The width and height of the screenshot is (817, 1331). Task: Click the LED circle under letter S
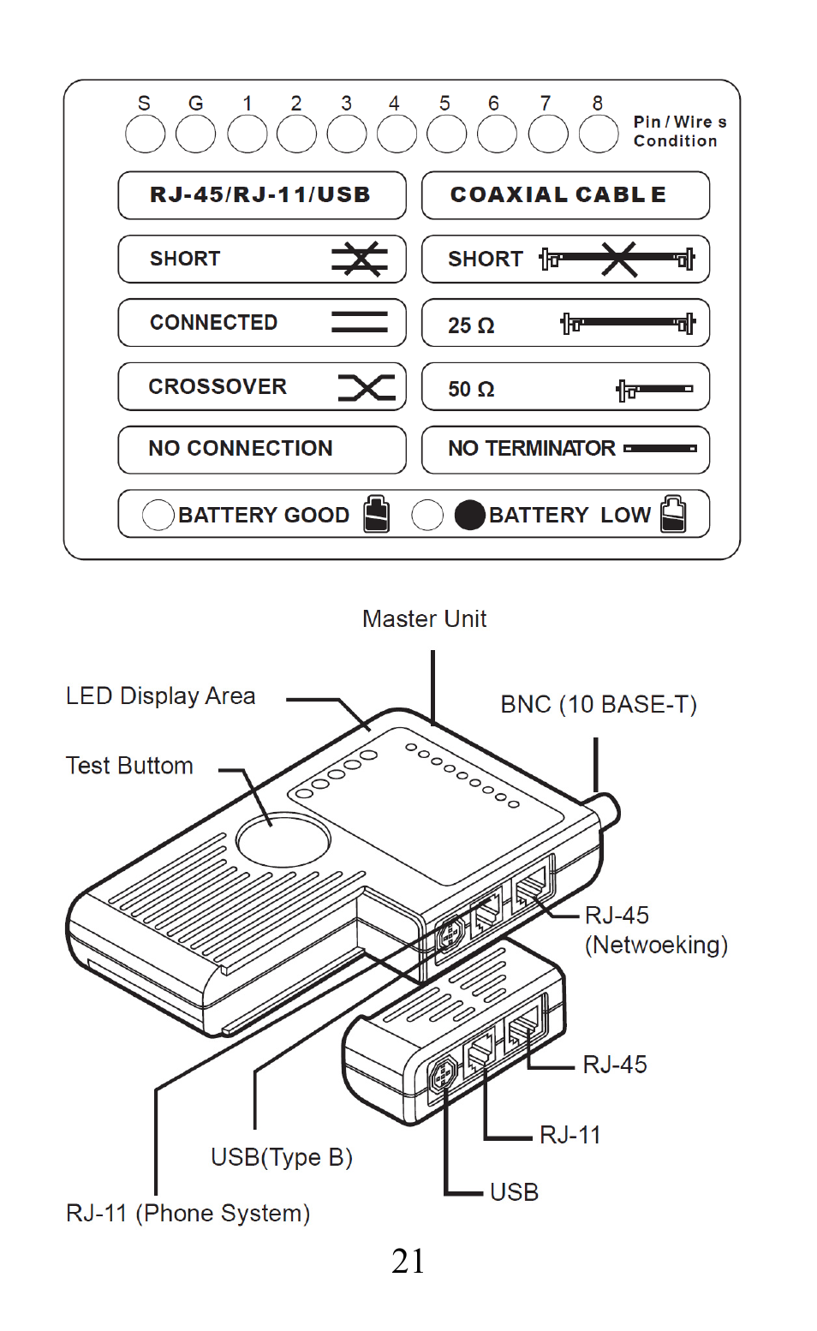tap(145, 134)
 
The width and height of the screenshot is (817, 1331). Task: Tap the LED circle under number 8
tap(599, 134)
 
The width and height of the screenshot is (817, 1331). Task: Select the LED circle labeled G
tap(195, 134)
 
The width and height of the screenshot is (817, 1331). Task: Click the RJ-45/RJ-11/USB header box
tap(261, 195)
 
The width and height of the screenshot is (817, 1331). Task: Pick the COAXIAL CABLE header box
tap(565, 195)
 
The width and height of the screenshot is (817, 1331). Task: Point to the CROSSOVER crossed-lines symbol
tap(367, 387)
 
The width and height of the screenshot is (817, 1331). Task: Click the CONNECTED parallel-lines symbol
tap(360, 322)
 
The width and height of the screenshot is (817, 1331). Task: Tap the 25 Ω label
tap(471, 325)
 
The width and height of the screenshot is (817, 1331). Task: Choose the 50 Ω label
tap(471, 390)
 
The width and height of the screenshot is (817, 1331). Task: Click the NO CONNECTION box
tap(261, 450)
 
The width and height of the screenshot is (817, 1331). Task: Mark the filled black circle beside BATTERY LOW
tap(469, 515)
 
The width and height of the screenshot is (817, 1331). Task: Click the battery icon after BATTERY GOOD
tap(376, 514)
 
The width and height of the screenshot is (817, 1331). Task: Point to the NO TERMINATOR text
tap(531, 449)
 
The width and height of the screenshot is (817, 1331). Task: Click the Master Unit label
tap(424, 619)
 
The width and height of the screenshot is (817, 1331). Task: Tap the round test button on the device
tap(283, 839)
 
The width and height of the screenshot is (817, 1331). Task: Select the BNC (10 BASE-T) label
tap(598, 705)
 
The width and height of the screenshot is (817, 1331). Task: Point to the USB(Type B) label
tap(281, 1158)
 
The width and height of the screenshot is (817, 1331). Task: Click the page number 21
tap(408, 1262)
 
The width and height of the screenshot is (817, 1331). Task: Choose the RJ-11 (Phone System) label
tap(188, 1214)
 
